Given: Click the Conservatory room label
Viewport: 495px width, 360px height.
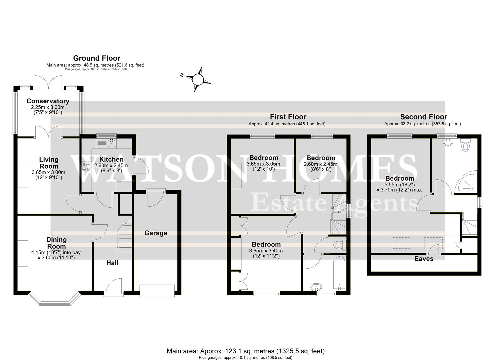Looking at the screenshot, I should point(48,101).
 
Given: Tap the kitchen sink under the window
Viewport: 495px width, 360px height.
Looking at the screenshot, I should point(111,144).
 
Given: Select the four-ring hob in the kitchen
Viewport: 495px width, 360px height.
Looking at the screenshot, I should point(86,166).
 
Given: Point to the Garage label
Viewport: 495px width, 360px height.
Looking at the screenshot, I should point(156,233).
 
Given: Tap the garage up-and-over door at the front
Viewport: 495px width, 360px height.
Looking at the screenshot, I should point(157,290).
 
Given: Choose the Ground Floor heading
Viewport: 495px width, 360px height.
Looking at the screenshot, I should point(97,58).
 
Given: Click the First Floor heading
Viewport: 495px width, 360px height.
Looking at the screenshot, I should point(288,117).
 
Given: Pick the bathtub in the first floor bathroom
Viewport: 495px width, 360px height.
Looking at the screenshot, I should point(339,273).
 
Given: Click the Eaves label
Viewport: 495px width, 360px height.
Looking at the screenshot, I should point(424,259).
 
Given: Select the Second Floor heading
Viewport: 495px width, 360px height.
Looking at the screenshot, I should point(423,117).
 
